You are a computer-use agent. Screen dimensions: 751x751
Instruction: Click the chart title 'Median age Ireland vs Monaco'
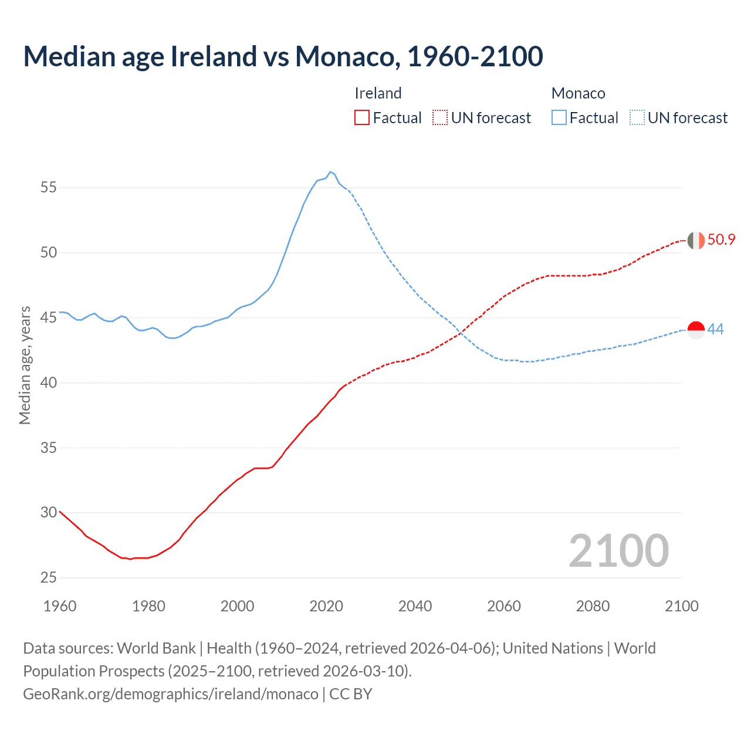[283, 56]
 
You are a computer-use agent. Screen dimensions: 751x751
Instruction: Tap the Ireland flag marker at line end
[696, 241]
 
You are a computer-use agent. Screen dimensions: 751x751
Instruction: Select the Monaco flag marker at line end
[696, 330]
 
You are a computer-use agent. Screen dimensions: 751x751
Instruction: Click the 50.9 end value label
[721, 239]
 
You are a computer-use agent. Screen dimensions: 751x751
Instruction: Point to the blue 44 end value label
[715, 329]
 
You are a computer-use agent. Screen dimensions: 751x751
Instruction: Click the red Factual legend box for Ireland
[362, 118]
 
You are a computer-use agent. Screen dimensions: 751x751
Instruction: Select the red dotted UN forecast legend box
[440, 118]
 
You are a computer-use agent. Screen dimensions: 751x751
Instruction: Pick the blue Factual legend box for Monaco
[559, 118]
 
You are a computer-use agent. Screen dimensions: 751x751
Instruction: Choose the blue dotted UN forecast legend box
[637, 118]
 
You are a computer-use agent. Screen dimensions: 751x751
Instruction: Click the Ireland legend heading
[378, 93]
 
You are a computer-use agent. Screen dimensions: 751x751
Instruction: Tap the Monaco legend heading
[578, 93]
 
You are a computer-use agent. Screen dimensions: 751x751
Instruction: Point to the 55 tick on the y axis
[49, 188]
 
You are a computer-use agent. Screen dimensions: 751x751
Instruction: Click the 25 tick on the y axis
[49, 578]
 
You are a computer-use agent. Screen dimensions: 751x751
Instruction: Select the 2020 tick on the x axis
[326, 606]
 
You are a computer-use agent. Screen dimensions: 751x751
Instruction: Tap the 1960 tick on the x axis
[60, 606]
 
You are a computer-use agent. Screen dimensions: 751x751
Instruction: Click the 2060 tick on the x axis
[504, 606]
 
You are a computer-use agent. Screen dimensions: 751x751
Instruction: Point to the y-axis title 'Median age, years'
[25, 365]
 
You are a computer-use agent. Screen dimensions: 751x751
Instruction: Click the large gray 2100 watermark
[618, 550]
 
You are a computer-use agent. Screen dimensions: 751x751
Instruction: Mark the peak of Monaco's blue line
[330, 172]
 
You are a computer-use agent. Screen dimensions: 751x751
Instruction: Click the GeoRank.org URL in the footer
[171, 694]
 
